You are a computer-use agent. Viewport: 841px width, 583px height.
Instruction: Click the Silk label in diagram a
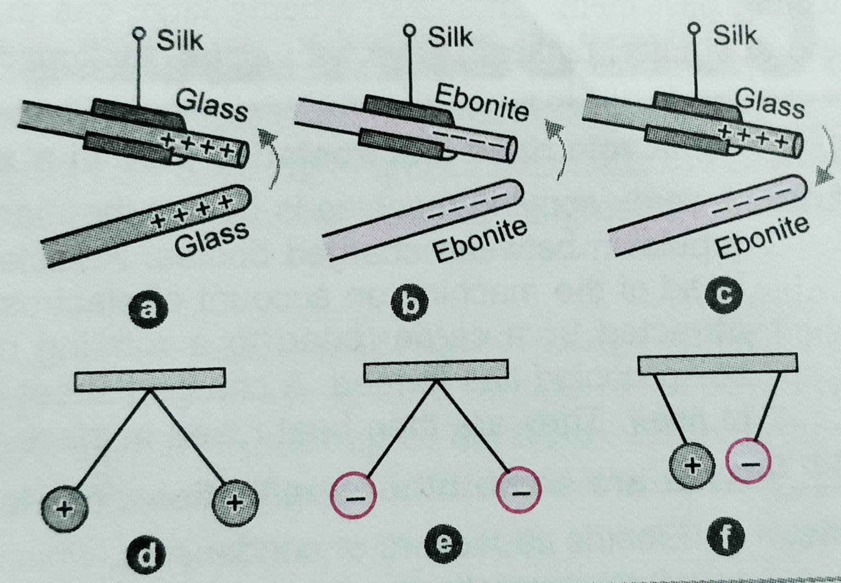click(180, 41)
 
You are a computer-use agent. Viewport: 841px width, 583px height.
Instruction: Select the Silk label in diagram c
click(735, 36)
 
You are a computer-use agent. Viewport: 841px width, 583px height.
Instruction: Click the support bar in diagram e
click(435, 370)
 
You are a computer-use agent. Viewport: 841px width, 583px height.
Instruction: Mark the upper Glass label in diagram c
click(770, 103)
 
